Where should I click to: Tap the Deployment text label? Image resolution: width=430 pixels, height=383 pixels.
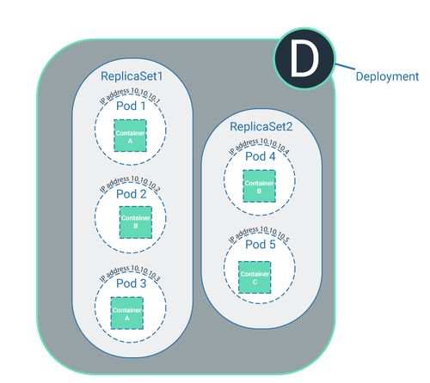pyautogui.click(x=387, y=76)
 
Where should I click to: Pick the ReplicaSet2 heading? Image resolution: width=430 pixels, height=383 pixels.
pyautogui.click(x=261, y=127)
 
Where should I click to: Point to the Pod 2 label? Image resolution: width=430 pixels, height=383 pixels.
pyautogui.click(x=132, y=193)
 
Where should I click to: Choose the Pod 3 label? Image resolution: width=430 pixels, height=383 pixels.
pyautogui.click(x=132, y=283)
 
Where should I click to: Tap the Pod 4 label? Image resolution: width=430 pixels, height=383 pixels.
pyautogui.click(x=261, y=156)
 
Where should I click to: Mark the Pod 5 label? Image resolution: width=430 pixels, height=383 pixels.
pyautogui.click(x=261, y=245)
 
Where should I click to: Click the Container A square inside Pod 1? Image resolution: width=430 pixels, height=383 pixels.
pyautogui.click(x=130, y=136)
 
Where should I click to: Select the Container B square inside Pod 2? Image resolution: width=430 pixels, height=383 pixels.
pyautogui.click(x=134, y=222)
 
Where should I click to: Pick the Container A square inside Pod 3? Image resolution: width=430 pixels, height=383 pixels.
pyautogui.click(x=126, y=313)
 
